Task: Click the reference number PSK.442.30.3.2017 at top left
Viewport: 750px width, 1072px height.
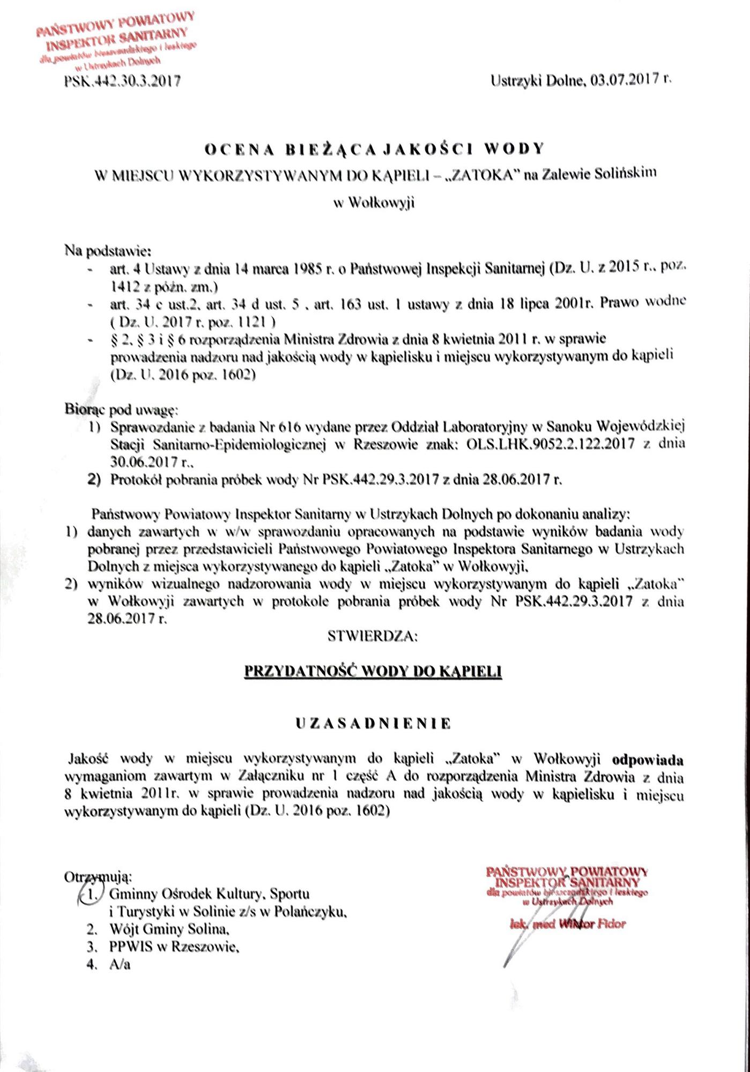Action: tap(122, 81)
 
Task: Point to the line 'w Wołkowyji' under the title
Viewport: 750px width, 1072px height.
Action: tap(374, 203)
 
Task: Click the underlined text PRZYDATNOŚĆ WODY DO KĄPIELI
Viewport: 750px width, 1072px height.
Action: tap(373, 672)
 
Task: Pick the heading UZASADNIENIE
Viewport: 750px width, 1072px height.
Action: tap(374, 724)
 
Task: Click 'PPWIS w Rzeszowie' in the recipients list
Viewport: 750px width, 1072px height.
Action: tap(173, 947)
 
